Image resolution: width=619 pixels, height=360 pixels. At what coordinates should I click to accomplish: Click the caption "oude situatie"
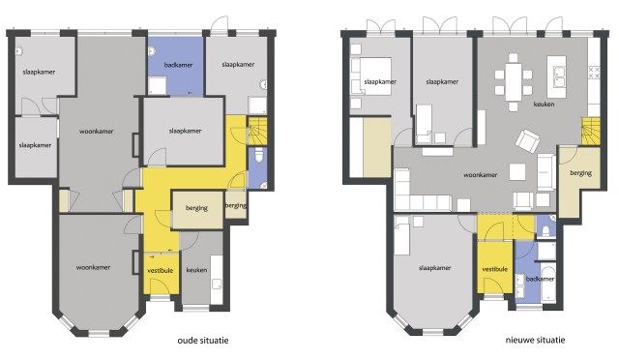click(203, 341)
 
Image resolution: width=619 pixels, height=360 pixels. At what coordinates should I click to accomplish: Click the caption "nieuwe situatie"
click(535, 340)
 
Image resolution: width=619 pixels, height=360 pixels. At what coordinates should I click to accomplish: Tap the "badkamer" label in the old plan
click(178, 65)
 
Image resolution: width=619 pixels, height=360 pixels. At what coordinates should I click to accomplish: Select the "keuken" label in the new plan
click(544, 105)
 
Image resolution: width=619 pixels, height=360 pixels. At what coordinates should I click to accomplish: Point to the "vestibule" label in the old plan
click(161, 271)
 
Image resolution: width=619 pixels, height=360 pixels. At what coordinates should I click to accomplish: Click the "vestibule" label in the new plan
click(494, 269)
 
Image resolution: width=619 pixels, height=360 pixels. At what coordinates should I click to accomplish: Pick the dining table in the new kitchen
click(514, 82)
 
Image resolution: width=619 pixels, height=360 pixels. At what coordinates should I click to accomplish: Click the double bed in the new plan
click(371, 76)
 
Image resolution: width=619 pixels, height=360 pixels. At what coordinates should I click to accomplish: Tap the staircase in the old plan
click(257, 131)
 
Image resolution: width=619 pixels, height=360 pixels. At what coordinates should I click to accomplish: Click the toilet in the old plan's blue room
click(258, 155)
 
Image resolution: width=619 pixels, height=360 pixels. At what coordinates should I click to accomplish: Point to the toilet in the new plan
click(545, 230)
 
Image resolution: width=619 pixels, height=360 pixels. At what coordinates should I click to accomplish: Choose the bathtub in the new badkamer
click(547, 284)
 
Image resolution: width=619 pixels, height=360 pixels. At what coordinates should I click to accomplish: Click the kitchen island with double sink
click(557, 76)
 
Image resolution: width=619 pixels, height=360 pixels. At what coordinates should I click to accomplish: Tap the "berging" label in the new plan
click(580, 172)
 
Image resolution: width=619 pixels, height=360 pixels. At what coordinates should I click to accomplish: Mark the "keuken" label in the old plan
click(196, 270)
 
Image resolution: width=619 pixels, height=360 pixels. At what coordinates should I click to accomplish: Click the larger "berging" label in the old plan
click(196, 208)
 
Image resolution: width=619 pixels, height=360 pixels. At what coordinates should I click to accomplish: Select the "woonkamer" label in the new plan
click(480, 174)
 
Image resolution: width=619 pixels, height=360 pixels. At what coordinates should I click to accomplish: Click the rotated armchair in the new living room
click(527, 141)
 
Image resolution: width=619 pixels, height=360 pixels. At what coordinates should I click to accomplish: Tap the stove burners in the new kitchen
click(594, 73)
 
